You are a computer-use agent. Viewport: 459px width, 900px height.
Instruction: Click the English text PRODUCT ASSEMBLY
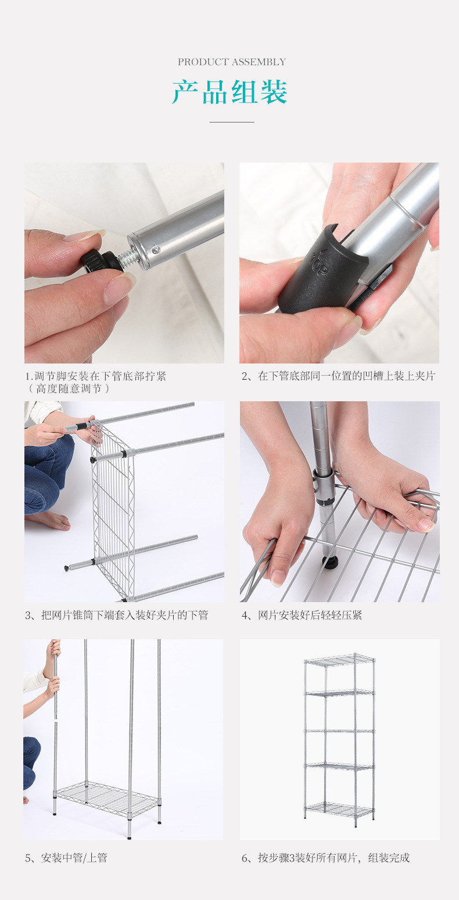pos(231,62)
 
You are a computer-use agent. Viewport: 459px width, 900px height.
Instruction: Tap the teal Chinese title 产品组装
pos(229,92)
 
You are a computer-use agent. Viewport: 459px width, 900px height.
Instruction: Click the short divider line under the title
pos(231,122)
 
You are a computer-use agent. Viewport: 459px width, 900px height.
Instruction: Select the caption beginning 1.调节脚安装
pos(95,376)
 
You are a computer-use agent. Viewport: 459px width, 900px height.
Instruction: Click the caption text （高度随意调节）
pos(69,389)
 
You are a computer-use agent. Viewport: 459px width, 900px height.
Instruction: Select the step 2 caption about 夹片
pos(338,376)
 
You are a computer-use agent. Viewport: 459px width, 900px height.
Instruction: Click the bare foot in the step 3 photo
pos(49,520)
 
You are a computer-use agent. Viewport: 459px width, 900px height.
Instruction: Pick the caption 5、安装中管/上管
pos(66,858)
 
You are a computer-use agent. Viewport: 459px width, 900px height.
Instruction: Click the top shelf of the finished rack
pos(340,659)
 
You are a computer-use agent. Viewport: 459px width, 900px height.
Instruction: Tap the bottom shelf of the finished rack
pos(340,809)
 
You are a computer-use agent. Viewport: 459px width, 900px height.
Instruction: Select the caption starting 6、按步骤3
pos(325,858)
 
